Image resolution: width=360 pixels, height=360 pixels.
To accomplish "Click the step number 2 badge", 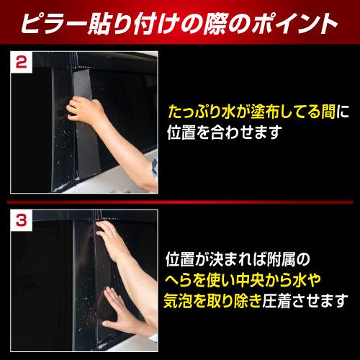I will [x=21, y=63].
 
